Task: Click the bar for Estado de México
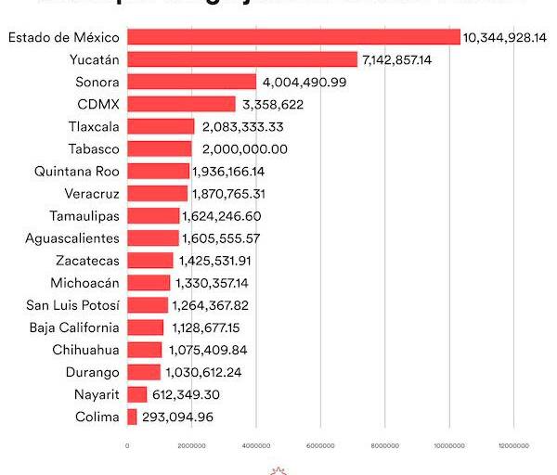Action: pos(293,37)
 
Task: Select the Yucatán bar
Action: pos(241,59)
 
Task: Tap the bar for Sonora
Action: pos(191,82)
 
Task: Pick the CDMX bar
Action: pos(181,104)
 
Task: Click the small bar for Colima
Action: pos(132,417)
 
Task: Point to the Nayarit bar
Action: pos(136,395)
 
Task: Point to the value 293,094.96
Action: pos(190,417)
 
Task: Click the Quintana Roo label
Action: pos(77,171)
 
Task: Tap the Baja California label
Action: pos(74,327)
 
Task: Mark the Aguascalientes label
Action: pos(72,238)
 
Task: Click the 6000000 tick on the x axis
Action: pos(320,446)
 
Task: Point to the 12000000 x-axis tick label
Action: pos(513,446)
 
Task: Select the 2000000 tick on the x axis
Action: pos(191,446)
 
